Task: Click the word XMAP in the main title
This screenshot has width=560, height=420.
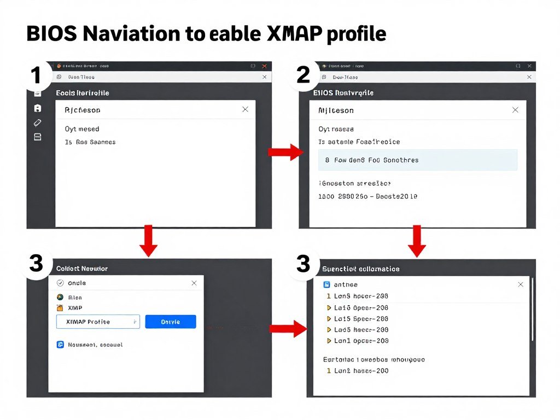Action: [x=294, y=34]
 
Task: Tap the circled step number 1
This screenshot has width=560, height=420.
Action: [x=36, y=75]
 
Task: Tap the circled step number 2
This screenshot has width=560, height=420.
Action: [x=304, y=75]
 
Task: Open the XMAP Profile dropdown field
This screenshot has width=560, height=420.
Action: [x=98, y=322]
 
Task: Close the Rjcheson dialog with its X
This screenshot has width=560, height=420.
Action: [x=245, y=109]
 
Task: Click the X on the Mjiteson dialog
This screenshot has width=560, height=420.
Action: [x=515, y=110]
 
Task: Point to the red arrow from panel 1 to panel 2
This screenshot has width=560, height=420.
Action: [x=285, y=152]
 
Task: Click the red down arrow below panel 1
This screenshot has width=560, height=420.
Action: [x=148, y=241]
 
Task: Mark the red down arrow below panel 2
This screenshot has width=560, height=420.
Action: [x=417, y=241]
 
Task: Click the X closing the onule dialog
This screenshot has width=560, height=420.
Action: [x=194, y=283]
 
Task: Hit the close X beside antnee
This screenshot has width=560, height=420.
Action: [x=521, y=284]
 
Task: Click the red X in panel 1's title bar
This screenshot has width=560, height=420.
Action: [x=265, y=66]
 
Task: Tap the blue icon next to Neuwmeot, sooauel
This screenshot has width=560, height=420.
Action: [x=60, y=345]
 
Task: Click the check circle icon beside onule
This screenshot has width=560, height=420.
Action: [x=60, y=283]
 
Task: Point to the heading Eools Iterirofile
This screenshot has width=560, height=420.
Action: [x=83, y=93]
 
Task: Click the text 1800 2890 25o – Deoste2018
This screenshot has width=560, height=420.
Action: [x=368, y=196]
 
